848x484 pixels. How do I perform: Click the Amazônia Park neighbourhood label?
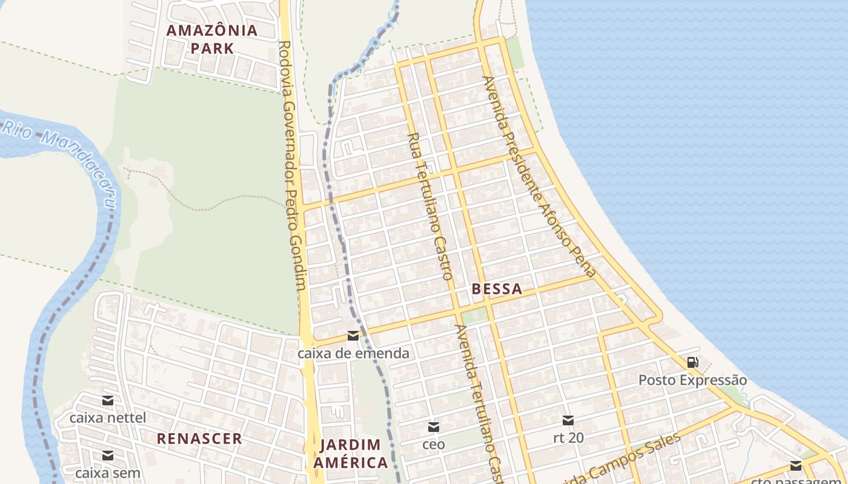212,39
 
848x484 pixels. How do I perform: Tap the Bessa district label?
497,289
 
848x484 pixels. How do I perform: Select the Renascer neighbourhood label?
199,439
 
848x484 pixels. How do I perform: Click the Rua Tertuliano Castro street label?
431,206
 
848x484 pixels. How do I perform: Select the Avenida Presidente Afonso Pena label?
539,176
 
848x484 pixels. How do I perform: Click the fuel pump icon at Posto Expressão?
692,362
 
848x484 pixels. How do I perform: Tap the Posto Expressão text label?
693,380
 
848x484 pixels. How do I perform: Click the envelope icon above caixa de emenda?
353,336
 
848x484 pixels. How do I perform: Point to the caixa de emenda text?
353,353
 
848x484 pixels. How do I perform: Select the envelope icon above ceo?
434,427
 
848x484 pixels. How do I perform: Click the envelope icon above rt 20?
568,420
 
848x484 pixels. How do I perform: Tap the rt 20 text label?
568,437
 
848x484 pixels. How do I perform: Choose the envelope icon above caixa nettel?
108,400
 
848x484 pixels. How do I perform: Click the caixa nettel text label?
108,417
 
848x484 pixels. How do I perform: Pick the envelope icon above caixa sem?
108,456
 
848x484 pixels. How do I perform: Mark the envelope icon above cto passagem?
796,465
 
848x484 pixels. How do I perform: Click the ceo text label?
434,445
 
